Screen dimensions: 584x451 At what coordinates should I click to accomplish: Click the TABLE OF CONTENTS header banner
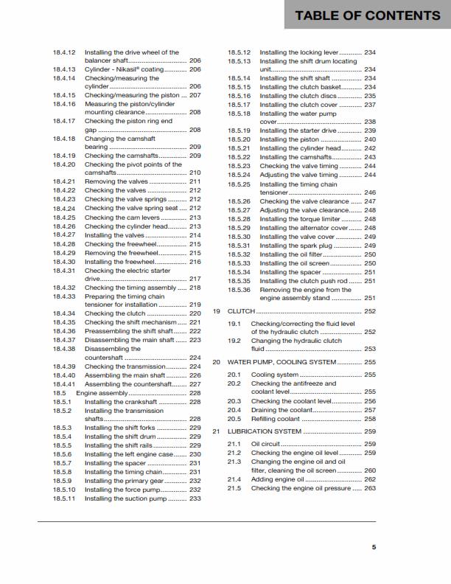tap(367, 15)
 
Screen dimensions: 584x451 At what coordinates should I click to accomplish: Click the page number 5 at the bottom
tap(374, 547)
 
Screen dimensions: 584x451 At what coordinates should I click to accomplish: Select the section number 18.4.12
tap(64, 52)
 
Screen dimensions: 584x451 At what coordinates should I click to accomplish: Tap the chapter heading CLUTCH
tap(242, 311)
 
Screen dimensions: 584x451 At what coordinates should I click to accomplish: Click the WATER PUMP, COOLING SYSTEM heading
tap(281, 362)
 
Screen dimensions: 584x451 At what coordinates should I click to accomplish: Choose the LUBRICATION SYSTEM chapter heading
tap(264, 431)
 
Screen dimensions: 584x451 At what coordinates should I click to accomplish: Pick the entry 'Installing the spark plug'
tap(296, 246)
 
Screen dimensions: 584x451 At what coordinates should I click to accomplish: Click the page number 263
tap(370, 488)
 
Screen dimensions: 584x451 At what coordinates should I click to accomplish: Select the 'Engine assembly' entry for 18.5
tap(102, 393)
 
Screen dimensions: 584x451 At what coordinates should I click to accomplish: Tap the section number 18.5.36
tap(240, 290)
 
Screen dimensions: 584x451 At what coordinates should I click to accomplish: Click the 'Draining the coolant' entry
tap(282, 410)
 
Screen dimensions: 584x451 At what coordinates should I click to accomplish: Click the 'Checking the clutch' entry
tap(115, 313)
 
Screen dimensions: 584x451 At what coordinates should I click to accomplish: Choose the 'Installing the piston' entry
tap(289, 139)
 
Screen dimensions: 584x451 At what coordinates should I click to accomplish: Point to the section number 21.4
tap(234, 479)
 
